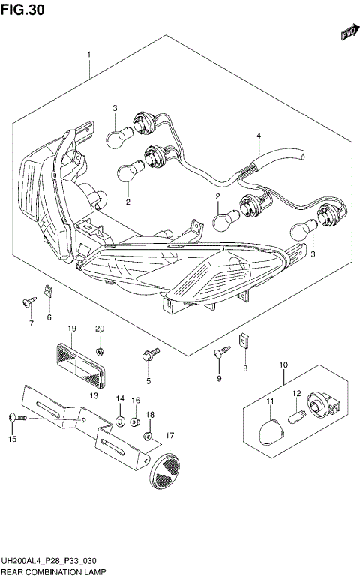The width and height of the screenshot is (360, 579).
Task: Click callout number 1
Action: [x=89, y=55]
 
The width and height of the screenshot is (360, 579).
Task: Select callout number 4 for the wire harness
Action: [x=258, y=136]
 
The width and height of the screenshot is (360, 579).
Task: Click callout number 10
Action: [x=284, y=365]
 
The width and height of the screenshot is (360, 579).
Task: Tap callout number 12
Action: [x=296, y=393]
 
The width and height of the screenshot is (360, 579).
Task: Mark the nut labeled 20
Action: [x=100, y=349]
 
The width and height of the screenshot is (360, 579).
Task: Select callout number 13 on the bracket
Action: [x=94, y=395]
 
